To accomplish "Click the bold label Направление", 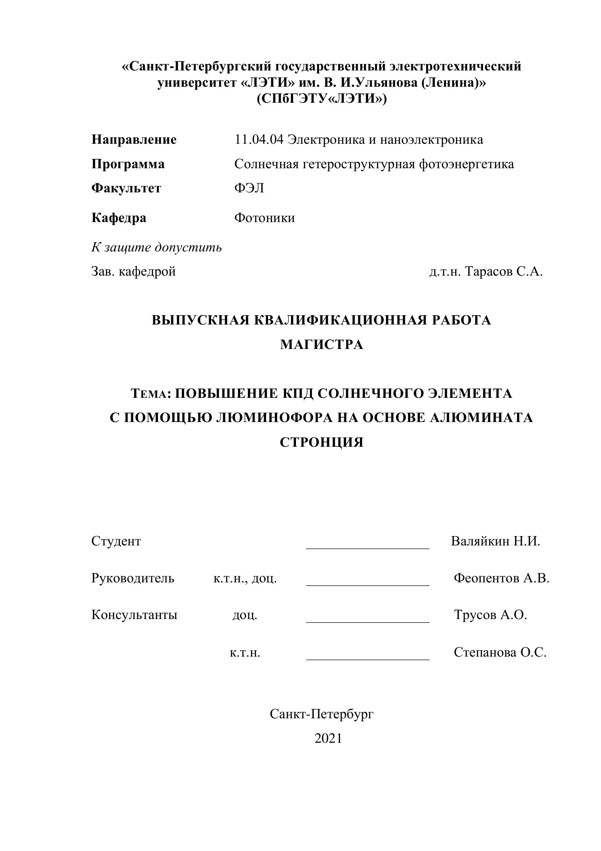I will click(134, 140).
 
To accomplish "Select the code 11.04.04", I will click(259, 140).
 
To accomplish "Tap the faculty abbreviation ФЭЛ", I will click(249, 188).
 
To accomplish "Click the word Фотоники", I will click(264, 218).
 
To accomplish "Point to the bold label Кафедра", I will click(119, 218).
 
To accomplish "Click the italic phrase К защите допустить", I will click(156, 247).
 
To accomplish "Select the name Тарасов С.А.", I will click(503, 272).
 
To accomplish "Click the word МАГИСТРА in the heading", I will click(321, 345).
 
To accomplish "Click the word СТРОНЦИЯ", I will click(321, 442).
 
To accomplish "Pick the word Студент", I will click(116, 541).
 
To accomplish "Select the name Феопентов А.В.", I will click(501, 578).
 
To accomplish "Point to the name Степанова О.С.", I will click(500, 652).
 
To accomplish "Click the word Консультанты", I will click(134, 615).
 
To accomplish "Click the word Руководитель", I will click(133, 578).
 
